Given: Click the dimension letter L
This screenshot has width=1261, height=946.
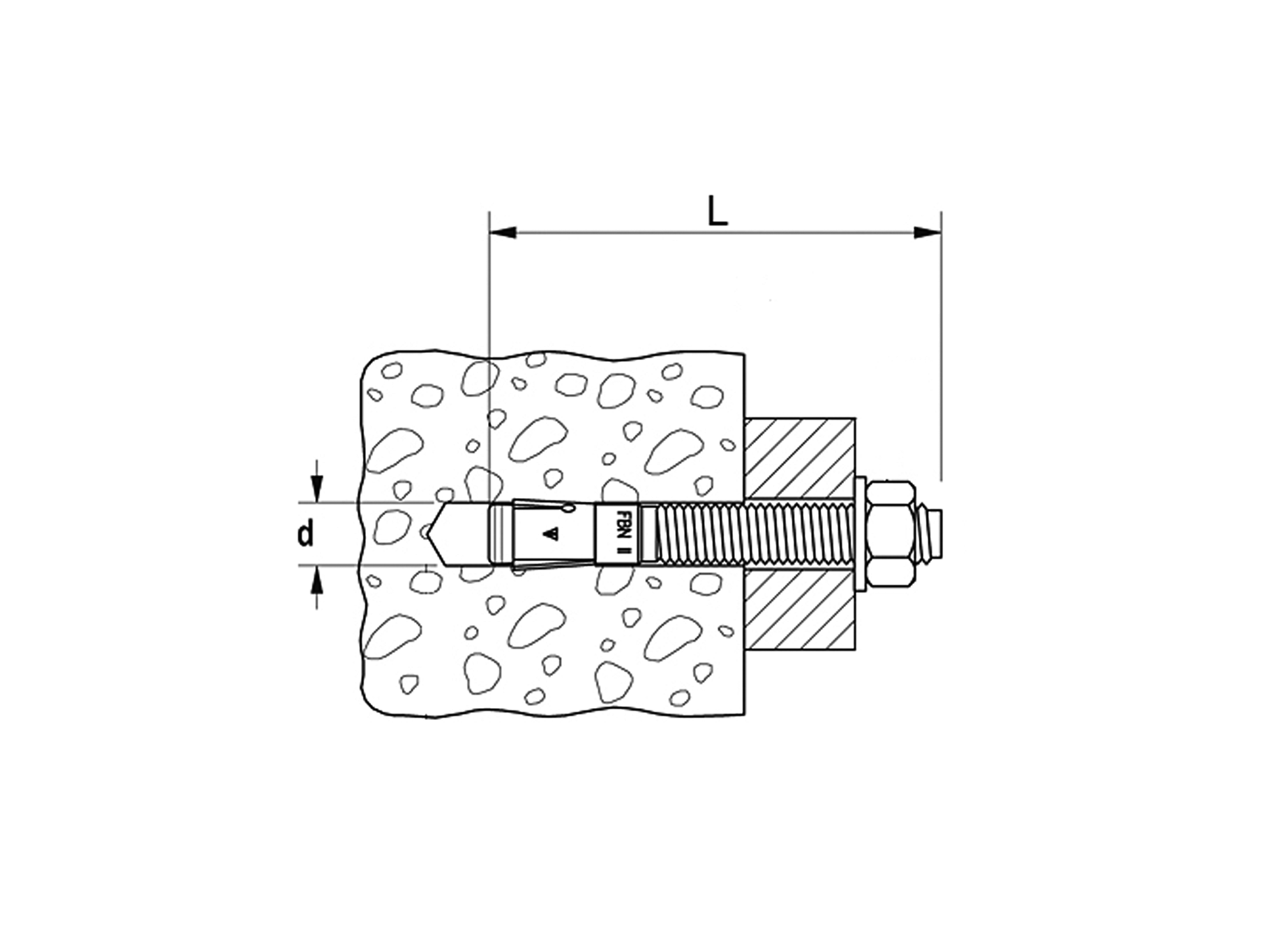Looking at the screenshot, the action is point(718,212).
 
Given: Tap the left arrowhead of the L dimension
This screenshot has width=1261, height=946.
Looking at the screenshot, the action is point(503,232).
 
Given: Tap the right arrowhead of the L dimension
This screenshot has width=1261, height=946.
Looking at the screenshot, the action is point(927,232).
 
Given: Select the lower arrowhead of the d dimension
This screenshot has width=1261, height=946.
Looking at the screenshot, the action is point(317,578).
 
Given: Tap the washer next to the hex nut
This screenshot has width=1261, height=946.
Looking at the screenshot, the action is point(860,534).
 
